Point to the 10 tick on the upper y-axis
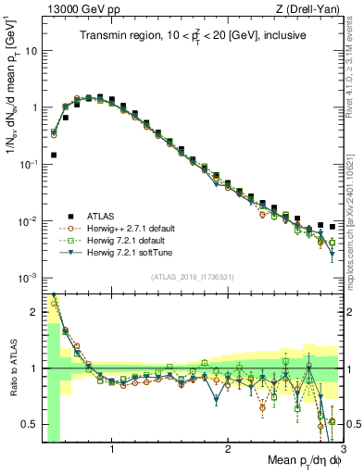[x=32, y=51]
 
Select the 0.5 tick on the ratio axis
[x=31, y=425]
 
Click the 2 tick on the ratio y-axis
[x=35, y=312]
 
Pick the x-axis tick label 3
[x=343, y=449]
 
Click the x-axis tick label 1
[x=112, y=449]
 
